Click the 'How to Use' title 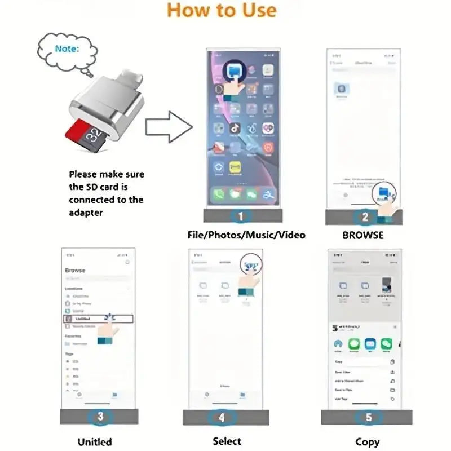222,11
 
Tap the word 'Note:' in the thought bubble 67,48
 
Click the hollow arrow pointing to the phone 169,127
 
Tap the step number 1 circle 241,216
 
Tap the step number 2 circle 365,216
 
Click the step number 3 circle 100,417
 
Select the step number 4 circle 222,417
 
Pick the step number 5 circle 369,417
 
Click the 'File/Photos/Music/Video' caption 246,235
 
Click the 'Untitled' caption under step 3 94,442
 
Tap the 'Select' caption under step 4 227,441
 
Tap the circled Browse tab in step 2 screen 384,194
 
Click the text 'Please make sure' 106,175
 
